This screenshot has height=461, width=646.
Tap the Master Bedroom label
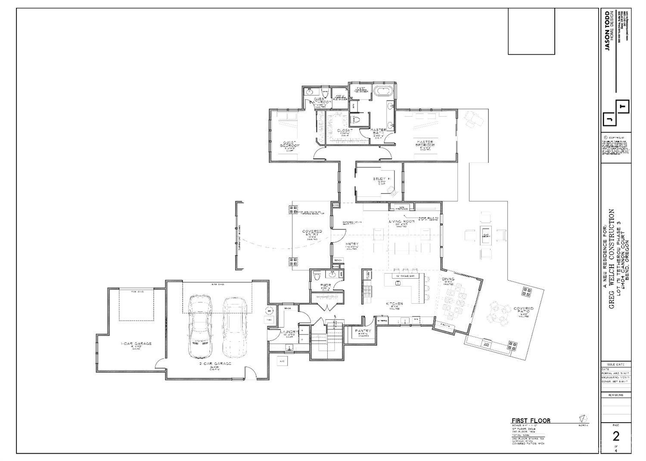click(425, 143)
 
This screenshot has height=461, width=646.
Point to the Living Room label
click(401, 221)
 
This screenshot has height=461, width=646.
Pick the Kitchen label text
click(394, 304)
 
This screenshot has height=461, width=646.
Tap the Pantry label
click(363, 331)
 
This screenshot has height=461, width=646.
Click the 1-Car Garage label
click(136, 344)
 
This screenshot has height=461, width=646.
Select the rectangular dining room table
click(454, 298)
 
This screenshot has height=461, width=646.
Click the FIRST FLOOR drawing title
click(531, 421)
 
